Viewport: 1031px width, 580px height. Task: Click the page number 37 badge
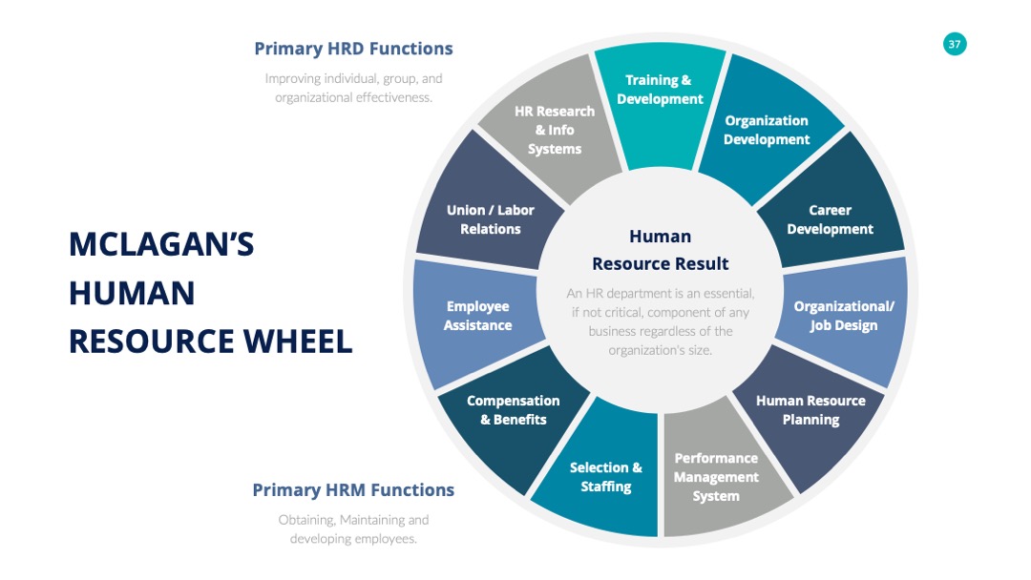click(x=954, y=44)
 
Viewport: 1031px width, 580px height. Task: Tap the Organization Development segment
click(x=767, y=130)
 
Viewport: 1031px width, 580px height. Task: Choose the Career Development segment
click(x=831, y=210)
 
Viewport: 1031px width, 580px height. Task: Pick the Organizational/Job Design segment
click(x=844, y=317)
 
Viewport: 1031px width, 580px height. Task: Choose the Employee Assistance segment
click(x=478, y=316)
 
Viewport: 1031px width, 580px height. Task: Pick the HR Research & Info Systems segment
click(x=555, y=130)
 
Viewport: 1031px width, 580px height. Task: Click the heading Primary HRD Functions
click(x=354, y=49)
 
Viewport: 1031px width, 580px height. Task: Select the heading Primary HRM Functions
click(x=353, y=490)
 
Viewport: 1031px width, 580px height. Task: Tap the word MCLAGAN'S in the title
click(x=161, y=244)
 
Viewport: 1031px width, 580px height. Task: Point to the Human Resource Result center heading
click(x=661, y=250)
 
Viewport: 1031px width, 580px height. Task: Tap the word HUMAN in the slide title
click(x=132, y=293)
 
